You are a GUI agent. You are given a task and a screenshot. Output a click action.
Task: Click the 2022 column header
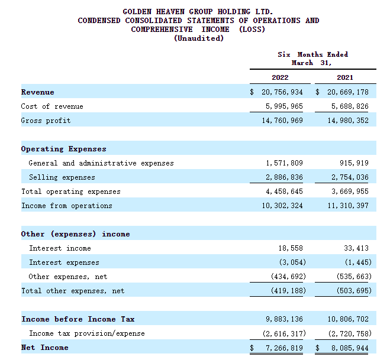(280, 77)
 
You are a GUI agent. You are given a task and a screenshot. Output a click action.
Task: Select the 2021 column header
(344, 77)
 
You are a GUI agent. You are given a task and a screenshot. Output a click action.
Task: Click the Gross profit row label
(46, 121)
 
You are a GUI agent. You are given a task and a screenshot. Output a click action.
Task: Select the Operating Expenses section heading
(63, 149)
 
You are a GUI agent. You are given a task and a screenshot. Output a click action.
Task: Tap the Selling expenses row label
(62, 177)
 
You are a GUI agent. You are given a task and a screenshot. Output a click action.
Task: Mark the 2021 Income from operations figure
(346, 206)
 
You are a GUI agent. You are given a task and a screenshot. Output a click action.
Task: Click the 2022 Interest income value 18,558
(289, 248)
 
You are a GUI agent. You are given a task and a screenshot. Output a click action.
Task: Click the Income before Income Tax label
(78, 319)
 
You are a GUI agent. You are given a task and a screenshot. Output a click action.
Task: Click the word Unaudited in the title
(199, 38)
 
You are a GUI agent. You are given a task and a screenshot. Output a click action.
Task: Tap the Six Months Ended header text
(312, 54)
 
